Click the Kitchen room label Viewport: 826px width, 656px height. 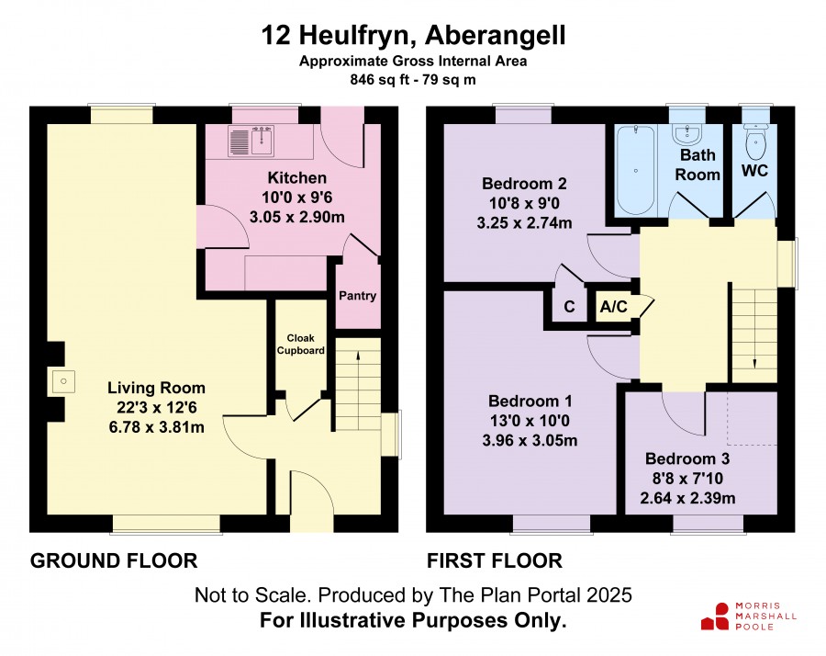click(297, 177)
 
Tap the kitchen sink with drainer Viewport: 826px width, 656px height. click(251, 141)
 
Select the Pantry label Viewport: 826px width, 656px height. click(357, 296)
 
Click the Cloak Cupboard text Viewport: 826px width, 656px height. click(301, 345)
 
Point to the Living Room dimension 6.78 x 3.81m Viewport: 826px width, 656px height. click(156, 427)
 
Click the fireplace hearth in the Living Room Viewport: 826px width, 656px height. click(63, 381)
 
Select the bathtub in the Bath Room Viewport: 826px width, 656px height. click(636, 170)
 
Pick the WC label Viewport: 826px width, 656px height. click(755, 171)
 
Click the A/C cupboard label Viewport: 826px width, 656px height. click(614, 306)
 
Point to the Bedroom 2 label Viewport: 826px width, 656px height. click(524, 184)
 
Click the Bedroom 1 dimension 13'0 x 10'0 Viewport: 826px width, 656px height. click(530, 421)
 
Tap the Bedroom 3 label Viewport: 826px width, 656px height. click(687, 458)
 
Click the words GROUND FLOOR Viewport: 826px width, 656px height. click(114, 560)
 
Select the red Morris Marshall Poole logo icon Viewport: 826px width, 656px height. click(715, 617)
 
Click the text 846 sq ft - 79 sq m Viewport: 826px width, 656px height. click(413, 80)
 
